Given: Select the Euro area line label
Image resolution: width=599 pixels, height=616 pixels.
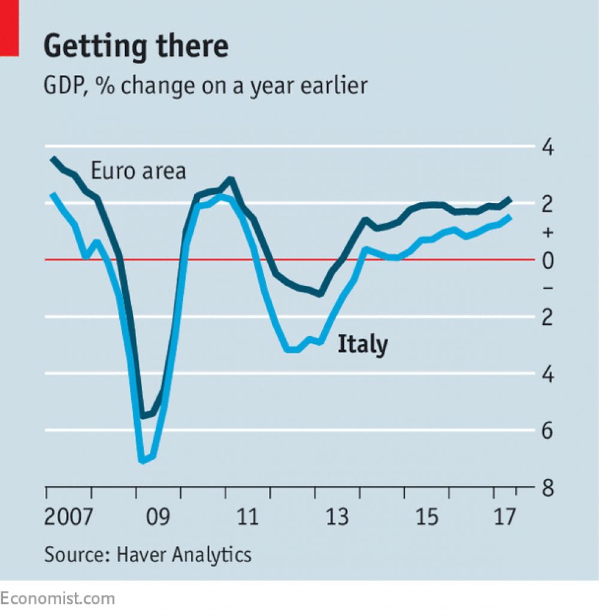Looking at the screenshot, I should (x=138, y=171).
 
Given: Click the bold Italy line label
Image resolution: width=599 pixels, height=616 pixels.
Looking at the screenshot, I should (x=363, y=345).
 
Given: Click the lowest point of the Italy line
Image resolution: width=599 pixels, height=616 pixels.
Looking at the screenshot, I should (x=142, y=461).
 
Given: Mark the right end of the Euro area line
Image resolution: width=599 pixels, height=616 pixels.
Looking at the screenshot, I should (x=510, y=198).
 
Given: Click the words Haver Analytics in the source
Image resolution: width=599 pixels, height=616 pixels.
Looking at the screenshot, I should (x=184, y=554).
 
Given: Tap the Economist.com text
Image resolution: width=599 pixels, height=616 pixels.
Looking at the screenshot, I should (x=57, y=598).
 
